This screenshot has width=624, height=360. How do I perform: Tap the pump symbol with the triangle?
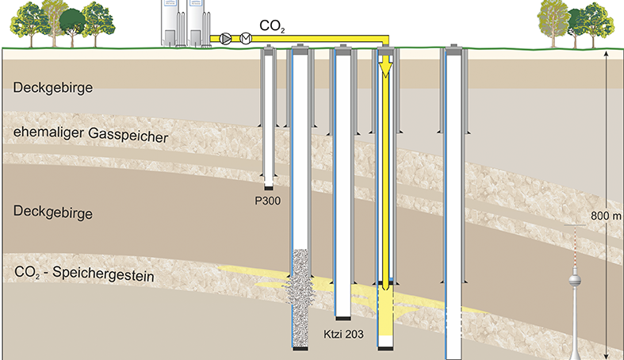(228, 38)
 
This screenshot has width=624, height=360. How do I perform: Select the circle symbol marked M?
(245, 38)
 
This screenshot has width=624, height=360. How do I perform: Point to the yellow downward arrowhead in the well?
(386, 71)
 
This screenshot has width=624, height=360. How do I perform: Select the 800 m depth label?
(607, 216)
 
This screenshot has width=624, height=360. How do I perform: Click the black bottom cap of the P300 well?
(270, 188)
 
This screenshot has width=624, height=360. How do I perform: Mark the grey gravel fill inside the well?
(301, 293)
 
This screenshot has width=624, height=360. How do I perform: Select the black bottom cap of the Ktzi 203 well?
(343, 319)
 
